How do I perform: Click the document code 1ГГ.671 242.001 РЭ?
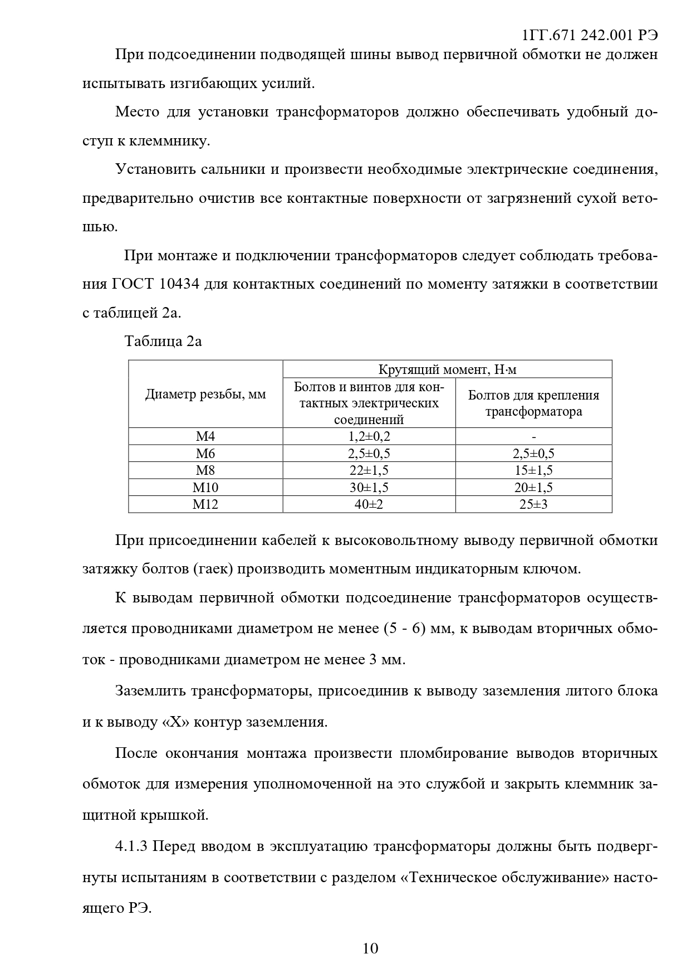590,35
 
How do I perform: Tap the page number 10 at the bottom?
370,948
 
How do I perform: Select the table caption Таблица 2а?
163,341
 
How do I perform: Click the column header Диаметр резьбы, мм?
205,395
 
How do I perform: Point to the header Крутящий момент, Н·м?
447,369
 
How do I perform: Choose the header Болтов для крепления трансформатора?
533,403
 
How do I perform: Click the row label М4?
205,436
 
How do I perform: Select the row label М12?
205,504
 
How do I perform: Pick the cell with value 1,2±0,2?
369,436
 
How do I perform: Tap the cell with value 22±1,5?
369,470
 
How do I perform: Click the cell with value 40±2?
369,504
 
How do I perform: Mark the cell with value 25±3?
533,504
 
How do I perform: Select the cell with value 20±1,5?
533,488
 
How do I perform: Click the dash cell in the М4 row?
533,436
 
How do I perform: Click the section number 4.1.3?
131,846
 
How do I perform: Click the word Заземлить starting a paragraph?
150,691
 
